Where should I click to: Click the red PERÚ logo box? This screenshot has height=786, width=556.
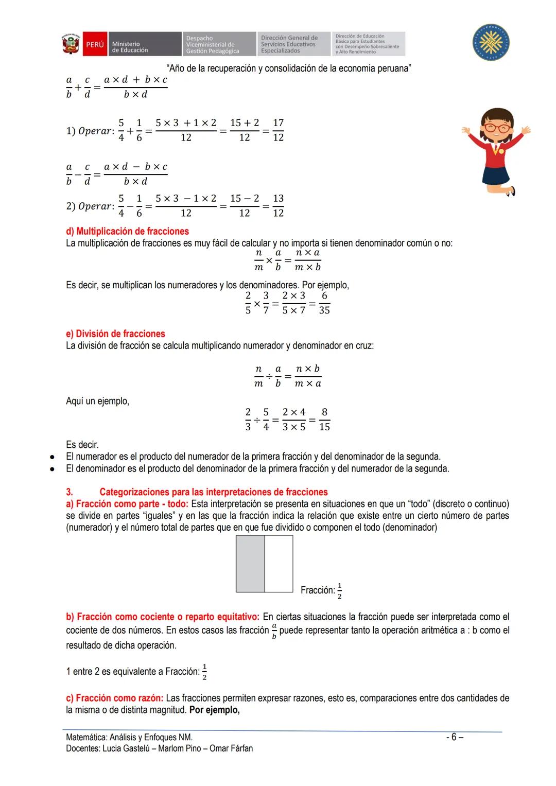94,45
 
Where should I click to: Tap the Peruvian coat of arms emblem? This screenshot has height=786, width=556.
71,44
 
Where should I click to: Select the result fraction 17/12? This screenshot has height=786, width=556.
278,130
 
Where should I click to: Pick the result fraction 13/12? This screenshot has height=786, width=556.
278,206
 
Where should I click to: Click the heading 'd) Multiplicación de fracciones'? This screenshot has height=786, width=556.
127,231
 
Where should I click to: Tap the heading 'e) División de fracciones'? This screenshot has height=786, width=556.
115,334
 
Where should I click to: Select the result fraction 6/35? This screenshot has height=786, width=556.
324,303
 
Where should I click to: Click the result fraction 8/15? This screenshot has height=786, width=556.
324,420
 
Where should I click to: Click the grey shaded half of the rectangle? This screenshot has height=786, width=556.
250,564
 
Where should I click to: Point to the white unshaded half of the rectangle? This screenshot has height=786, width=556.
279,564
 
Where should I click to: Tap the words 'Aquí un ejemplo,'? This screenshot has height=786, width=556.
97,401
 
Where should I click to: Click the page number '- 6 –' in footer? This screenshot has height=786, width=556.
454,737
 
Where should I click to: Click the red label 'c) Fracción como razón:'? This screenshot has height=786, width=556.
114,698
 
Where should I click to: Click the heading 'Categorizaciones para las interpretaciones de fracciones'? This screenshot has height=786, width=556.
213,492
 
